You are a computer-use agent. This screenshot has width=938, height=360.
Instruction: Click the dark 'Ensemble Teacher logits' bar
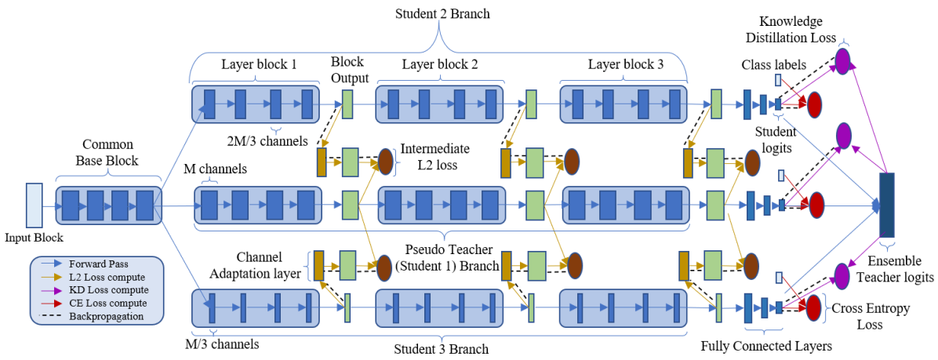click(887, 205)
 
